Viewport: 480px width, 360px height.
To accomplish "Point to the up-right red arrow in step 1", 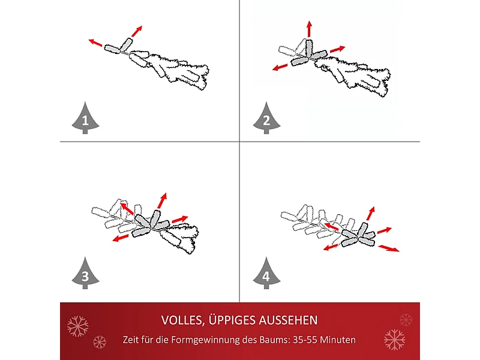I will pyautogui.click(x=137, y=31).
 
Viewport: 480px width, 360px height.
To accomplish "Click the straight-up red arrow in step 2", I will pyautogui.click(x=309, y=29).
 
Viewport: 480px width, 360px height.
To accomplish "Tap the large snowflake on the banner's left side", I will pyautogui.click(x=77, y=326).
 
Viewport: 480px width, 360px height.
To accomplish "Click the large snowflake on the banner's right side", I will pyautogui.click(x=394, y=339).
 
